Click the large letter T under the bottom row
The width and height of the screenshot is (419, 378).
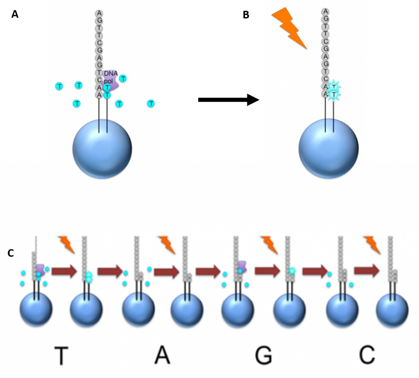pos(61,356)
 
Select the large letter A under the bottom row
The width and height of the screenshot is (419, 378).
pos(162,356)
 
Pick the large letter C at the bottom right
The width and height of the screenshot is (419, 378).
pos(367,356)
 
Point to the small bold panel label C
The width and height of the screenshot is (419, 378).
pos(11,253)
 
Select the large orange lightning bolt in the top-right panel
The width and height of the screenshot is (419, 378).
pos(289,28)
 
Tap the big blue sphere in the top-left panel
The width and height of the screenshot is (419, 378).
pos(102,149)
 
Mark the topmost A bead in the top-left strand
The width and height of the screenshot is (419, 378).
pos(99,13)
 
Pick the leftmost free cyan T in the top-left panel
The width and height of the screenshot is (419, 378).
pos(59,86)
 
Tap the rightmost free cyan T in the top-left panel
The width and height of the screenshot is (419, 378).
pos(151,104)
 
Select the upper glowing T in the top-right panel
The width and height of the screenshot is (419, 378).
pos(334,87)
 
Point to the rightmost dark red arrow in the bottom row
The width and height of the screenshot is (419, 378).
pos(367,271)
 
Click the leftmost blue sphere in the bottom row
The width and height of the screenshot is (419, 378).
pos(36,309)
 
